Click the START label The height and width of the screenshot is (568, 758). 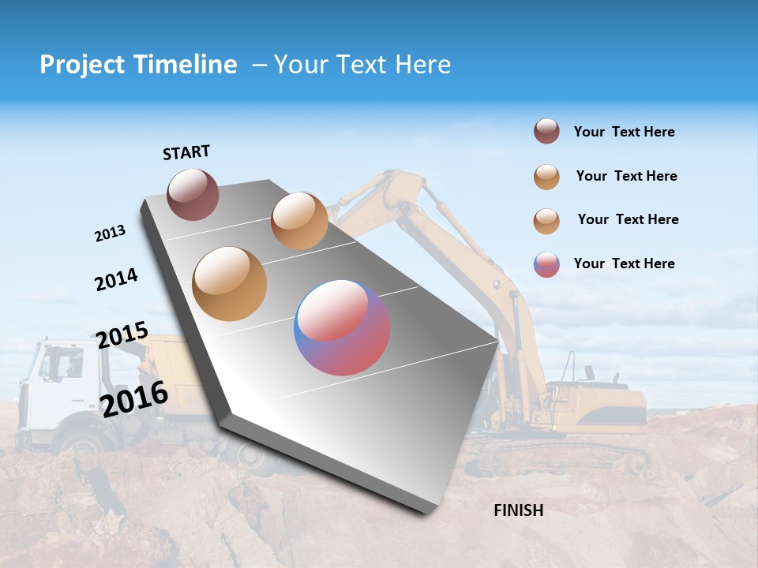pos(186,152)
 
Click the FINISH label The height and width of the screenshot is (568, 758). pos(518,510)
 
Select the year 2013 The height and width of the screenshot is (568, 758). pos(110,234)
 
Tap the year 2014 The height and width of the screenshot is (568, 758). pos(116,279)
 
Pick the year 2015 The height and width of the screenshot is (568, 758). pos(122,335)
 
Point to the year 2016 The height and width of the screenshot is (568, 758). pos(134,399)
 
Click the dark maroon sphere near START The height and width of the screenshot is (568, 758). pos(193,194)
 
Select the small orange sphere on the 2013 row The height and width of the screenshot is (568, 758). pos(299,220)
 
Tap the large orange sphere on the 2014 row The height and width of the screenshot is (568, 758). pos(230,284)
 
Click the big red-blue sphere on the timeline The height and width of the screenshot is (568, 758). pos(342,327)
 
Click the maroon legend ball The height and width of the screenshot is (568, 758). pos(546,132)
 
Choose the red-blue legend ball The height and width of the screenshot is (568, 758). pos(546,264)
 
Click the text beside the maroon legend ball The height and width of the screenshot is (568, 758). pos(624,132)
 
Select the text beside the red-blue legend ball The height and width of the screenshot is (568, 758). pos(624,263)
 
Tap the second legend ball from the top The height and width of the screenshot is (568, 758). pos(546,177)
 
